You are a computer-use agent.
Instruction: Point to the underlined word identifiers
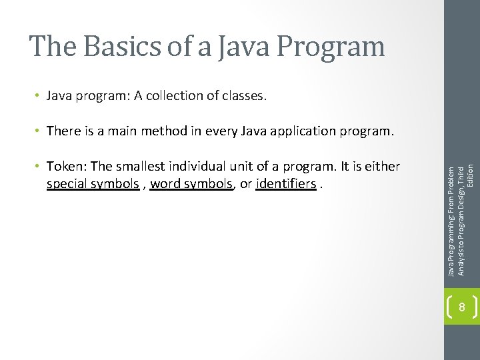[285, 183]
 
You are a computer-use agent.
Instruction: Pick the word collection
[178, 95]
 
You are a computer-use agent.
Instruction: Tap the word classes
[243, 95]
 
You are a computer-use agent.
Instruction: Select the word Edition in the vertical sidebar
[470, 176]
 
